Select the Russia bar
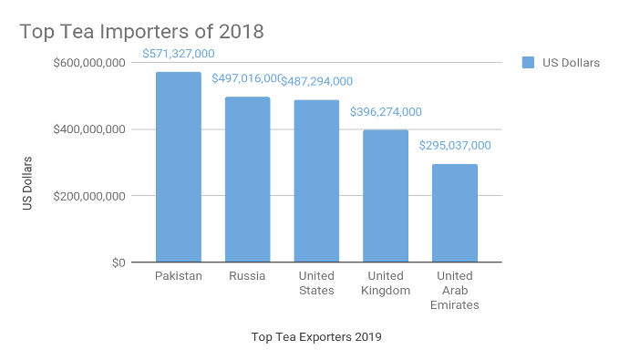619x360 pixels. coord(247,180)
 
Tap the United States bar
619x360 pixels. coord(316,181)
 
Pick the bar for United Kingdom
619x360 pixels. coord(386,196)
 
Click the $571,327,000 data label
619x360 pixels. coord(179,54)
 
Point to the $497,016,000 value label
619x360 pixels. coord(247,79)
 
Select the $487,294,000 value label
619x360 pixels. coord(316,81)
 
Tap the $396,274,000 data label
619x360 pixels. coord(386,112)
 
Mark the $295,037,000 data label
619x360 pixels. coord(455,145)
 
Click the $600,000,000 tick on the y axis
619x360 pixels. coord(89,63)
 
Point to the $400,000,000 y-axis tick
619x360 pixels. coord(89,129)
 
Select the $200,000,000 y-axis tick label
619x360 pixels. coord(89,196)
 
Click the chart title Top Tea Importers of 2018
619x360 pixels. coord(142,32)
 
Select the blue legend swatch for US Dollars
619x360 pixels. coord(528,63)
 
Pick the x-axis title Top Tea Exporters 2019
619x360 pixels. coord(316,337)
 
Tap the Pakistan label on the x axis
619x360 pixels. coord(179,276)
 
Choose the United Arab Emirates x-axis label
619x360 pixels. coord(455,291)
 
